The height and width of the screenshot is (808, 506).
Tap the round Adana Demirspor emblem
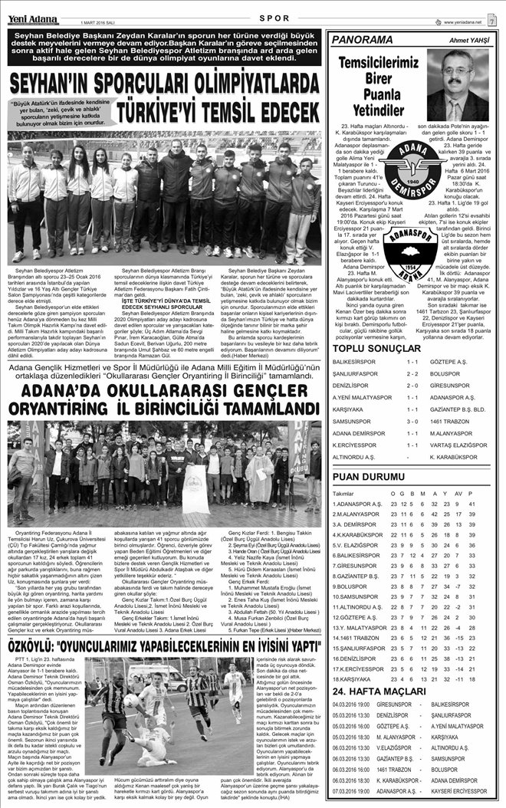(x=409, y=174)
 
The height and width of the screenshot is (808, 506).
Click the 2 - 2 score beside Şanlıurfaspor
(x=412, y=374)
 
